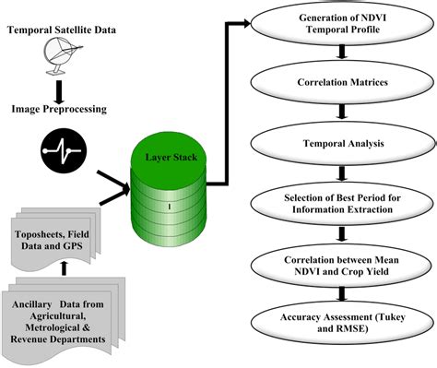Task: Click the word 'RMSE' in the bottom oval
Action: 357,329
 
